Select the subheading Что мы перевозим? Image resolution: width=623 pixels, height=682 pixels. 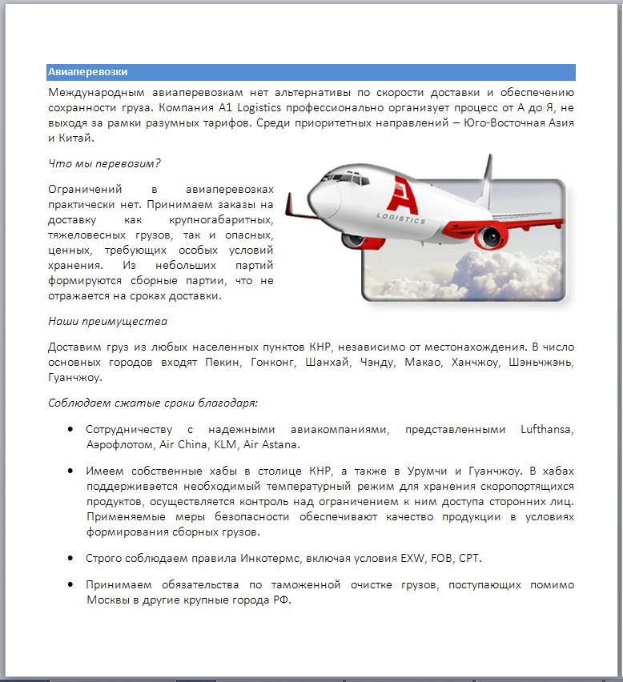coord(104,163)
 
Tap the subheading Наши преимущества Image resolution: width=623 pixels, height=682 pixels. coord(107,321)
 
